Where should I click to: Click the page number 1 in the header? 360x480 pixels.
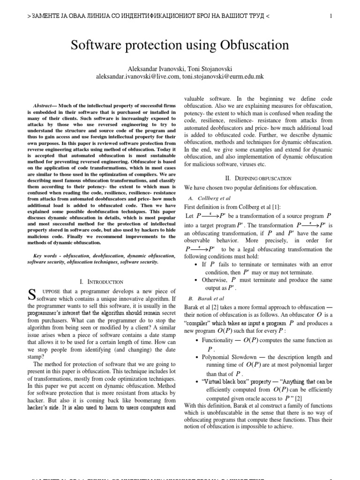click(331, 16)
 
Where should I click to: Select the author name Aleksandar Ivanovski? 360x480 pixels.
click(154, 69)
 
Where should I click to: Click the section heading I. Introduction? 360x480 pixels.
click(102, 282)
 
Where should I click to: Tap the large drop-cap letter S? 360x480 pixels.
click(31, 295)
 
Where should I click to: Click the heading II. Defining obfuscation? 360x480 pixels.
click(259, 178)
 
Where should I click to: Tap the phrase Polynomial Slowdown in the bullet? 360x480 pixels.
click(231, 357)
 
